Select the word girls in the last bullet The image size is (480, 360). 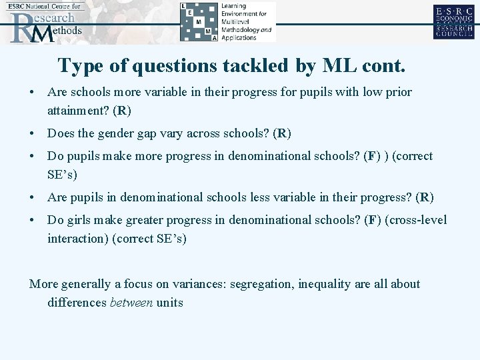(81, 220)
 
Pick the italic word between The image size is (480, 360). (131, 303)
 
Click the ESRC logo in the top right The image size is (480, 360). (453, 22)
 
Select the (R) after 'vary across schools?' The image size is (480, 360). (282, 133)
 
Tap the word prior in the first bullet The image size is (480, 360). (399, 92)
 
